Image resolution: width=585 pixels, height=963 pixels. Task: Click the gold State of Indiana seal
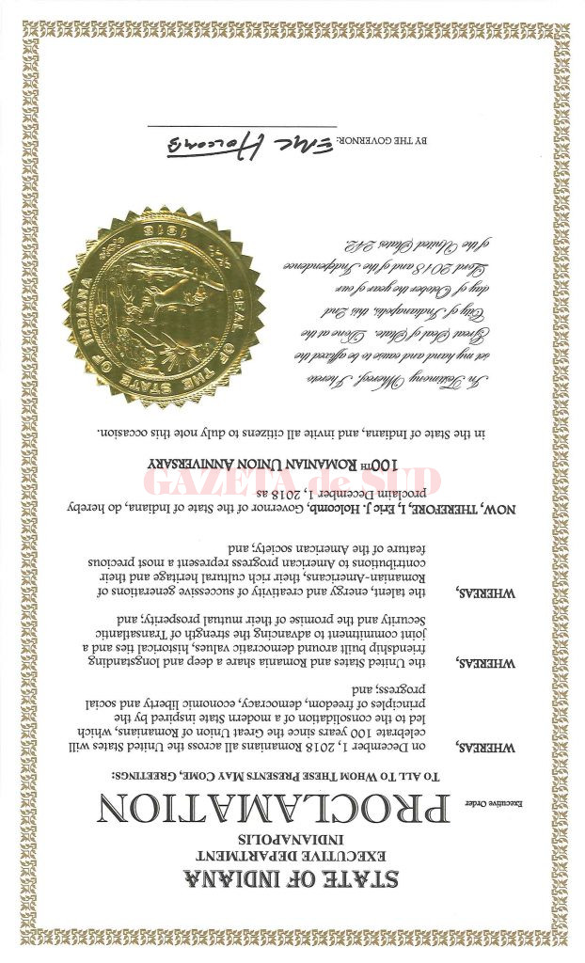(x=163, y=308)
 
